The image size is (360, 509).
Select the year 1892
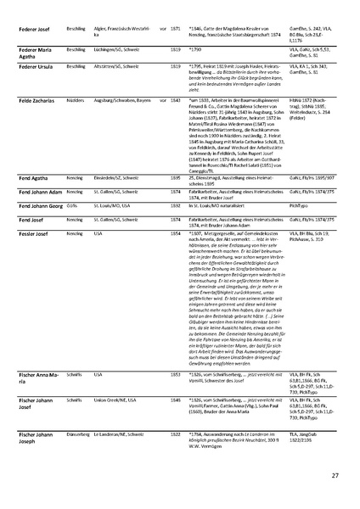(175, 204)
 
